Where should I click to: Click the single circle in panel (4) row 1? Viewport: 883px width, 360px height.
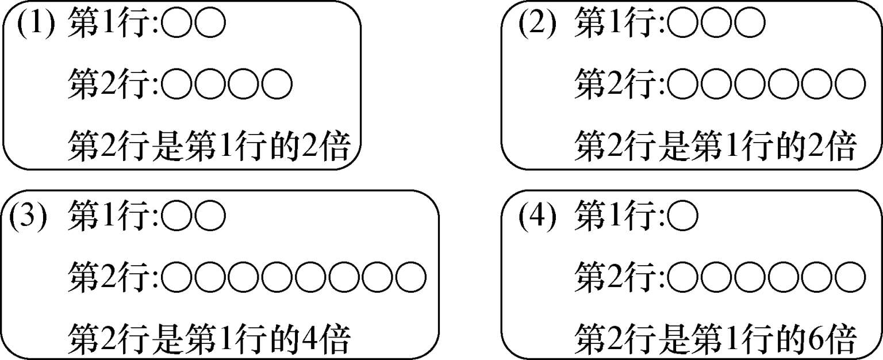684,216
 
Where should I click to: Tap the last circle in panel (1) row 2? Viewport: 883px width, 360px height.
277,85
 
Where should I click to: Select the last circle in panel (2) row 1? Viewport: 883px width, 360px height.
751,25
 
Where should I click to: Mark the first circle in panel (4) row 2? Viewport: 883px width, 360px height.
684,276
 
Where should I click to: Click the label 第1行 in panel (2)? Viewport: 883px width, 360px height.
619,25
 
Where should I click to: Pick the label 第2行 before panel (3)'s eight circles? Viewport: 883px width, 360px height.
112,276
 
